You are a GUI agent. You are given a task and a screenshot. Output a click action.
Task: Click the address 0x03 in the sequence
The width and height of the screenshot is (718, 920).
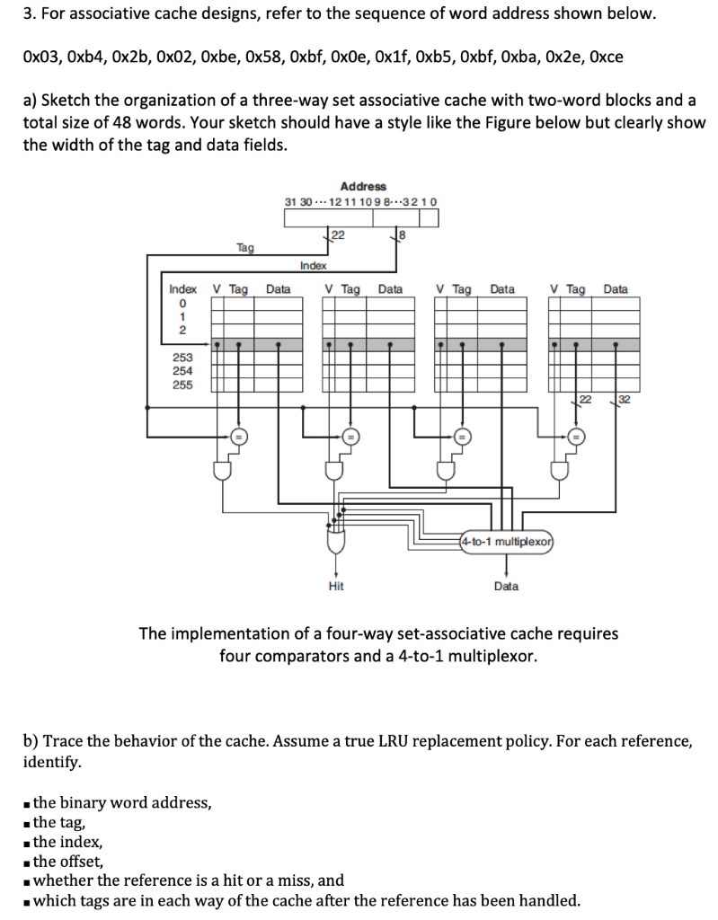(40, 57)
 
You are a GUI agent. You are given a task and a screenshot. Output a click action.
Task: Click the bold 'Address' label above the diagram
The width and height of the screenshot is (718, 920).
(363, 185)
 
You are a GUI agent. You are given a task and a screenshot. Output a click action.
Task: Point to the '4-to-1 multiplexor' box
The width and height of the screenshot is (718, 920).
(506, 542)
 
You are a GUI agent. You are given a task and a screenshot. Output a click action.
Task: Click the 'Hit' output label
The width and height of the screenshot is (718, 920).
(336, 586)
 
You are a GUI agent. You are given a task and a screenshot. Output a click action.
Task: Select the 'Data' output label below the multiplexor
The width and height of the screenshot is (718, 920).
(506, 586)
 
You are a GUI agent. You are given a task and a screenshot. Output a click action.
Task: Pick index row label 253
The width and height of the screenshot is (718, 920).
(183, 357)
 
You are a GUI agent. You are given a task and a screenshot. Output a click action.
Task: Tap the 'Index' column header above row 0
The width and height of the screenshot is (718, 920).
(183, 289)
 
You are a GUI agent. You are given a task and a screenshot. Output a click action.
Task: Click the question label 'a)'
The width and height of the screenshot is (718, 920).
(30, 102)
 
